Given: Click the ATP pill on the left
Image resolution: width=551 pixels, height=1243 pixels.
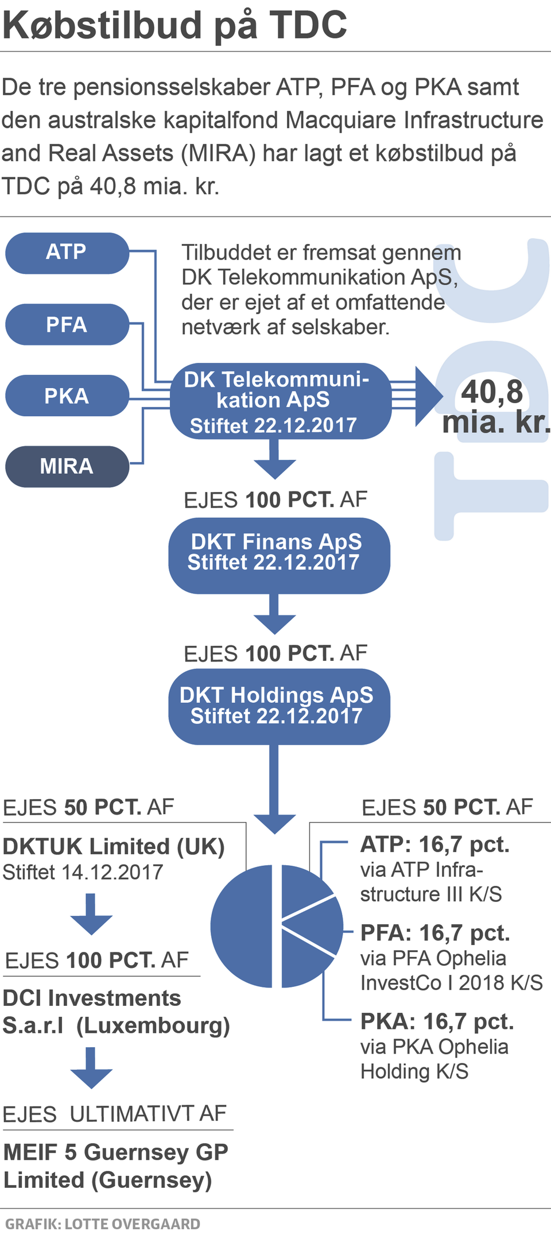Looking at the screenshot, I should tap(67, 253).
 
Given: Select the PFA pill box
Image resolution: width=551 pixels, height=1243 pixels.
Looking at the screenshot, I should tap(67, 324).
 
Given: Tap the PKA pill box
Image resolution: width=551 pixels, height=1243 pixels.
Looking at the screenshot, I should tap(67, 396).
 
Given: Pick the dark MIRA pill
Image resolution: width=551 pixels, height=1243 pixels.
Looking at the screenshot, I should tap(67, 466).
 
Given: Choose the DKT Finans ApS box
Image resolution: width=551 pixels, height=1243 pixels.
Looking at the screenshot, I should tap(279, 555).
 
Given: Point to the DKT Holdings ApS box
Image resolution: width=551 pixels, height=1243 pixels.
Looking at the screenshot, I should tap(279, 706).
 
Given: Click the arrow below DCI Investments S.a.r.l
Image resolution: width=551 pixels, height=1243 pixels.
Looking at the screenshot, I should tap(91, 1068).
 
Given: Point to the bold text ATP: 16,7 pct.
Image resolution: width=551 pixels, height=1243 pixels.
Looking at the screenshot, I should tap(435, 845).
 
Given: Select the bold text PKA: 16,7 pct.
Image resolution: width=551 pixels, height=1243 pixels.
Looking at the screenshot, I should tap(437, 1021).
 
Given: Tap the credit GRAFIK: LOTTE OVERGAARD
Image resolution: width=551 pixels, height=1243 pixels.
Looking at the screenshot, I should tap(103, 1223).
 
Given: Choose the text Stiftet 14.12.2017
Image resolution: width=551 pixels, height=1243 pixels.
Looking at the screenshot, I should tap(83, 872).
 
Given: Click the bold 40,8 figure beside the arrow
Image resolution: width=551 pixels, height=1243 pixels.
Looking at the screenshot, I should tap(492, 392).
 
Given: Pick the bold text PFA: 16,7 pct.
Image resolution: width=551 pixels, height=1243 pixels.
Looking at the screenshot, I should tap(435, 933).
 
